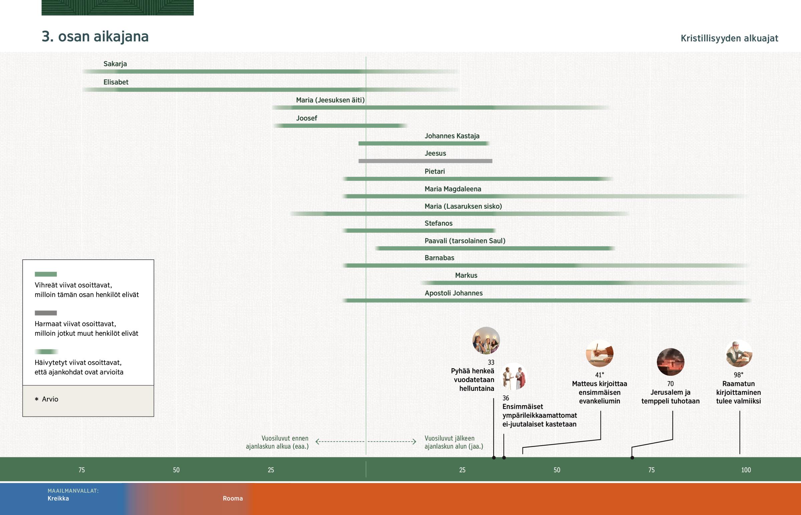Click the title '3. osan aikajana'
pyautogui.click(x=95, y=36)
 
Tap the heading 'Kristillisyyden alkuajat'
pyautogui.click(x=729, y=38)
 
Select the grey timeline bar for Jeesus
pyautogui.click(x=425, y=161)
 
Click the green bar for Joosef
pyautogui.click(x=339, y=126)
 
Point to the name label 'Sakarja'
pyautogui.click(x=115, y=64)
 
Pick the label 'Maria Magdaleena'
pyautogui.click(x=453, y=189)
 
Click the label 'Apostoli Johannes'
pyautogui.click(x=453, y=293)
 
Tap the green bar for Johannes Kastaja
pyautogui.click(x=423, y=144)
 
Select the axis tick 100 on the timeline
pyautogui.click(x=746, y=470)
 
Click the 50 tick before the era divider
pyautogui.click(x=176, y=470)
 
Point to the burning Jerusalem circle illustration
pyautogui.click(x=670, y=362)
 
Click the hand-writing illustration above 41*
pyautogui.click(x=599, y=353)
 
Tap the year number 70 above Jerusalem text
pyautogui.click(x=670, y=383)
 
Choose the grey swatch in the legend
pyautogui.click(x=46, y=313)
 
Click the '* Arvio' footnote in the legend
pyautogui.click(x=47, y=399)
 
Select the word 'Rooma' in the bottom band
pyautogui.click(x=233, y=498)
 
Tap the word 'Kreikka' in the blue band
pyautogui.click(x=58, y=498)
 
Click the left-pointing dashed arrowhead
pyautogui.click(x=318, y=442)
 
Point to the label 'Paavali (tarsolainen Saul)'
pyautogui.click(x=465, y=241)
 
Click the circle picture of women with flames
pyautogui.click(x=486, y=340)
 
